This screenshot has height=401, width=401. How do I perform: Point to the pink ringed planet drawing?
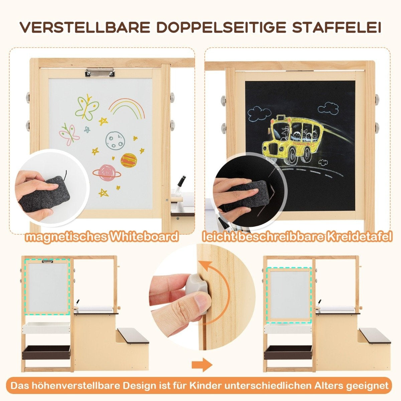click(x=107, y=173)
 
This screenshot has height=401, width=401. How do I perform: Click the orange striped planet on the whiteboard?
click(x=129, y=160)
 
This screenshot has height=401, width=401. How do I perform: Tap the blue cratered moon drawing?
click(x=114, y=140)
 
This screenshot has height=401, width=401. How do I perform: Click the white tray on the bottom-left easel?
click(x=46, y=328)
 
